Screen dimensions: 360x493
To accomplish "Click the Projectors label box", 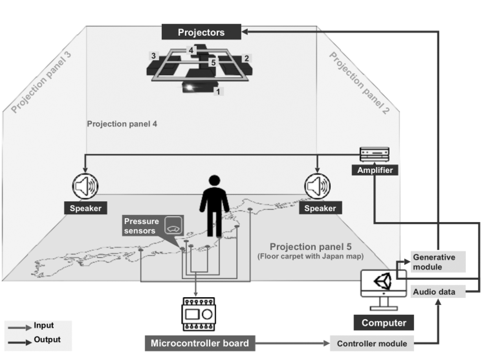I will click(201, 32).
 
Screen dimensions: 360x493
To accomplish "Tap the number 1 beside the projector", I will click(218, 92).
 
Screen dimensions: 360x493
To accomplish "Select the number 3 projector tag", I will click(154, 56).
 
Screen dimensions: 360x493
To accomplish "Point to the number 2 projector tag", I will click(246, 58).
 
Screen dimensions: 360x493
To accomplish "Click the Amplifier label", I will click(375, 170).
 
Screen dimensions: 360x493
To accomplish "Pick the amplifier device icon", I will click(375, 154).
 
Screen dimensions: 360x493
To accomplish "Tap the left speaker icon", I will click(85, 186).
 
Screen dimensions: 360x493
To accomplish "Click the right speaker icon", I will click(317, 186).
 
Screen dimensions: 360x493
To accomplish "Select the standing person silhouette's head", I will click(214, 180).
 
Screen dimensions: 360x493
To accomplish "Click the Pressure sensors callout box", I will click(153, 226).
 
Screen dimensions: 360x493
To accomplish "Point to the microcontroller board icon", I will click(199, 314).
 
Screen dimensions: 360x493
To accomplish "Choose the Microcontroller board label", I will click(200, 343).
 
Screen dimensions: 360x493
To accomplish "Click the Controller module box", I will click(372, 343).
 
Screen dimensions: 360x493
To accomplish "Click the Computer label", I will click(384, 323).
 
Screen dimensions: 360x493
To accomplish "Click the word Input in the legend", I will click(44, 325).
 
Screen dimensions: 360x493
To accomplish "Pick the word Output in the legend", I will click(47, 340).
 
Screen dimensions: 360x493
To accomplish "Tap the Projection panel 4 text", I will click(122, 124).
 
